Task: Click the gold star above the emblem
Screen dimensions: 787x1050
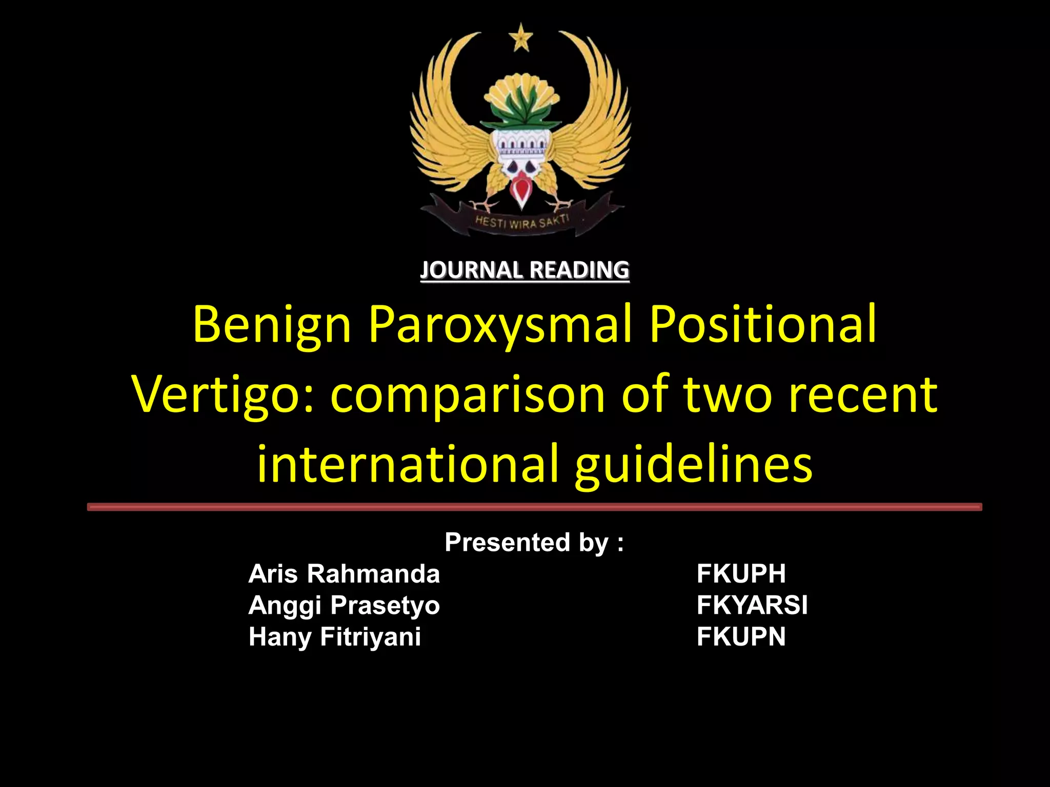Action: pyautogui.click(x=521, y=38)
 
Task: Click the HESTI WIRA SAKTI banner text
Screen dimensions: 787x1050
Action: pyautogui.click(x=521, y=222)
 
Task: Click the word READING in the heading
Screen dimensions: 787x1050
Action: pyautogui.click(x=579, y=270)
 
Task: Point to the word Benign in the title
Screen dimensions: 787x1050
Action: pyautogui.click(x=272, y=325)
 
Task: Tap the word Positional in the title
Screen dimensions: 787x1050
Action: pyautogui.click(x=763, y=325)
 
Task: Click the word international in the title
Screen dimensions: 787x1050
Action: pyautogui.click(x=407, y=464)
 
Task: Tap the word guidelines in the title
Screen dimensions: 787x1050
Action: pyautogui.click(x=693, y=464)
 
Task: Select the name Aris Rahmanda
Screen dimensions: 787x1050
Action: pyautogui.click(x=344, y=573)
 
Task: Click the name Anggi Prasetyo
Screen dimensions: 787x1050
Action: pyautogui.click(x=344, y=605)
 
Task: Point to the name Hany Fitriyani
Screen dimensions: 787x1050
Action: pyautogui.click(x=334, y=637)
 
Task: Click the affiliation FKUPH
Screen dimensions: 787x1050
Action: pyautogui.click(x=741, y=573)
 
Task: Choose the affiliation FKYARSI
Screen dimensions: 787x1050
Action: pyautogui.click(x=752, y=605)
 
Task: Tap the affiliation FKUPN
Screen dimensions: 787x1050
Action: pyautogui.click(x=741, y=637)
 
